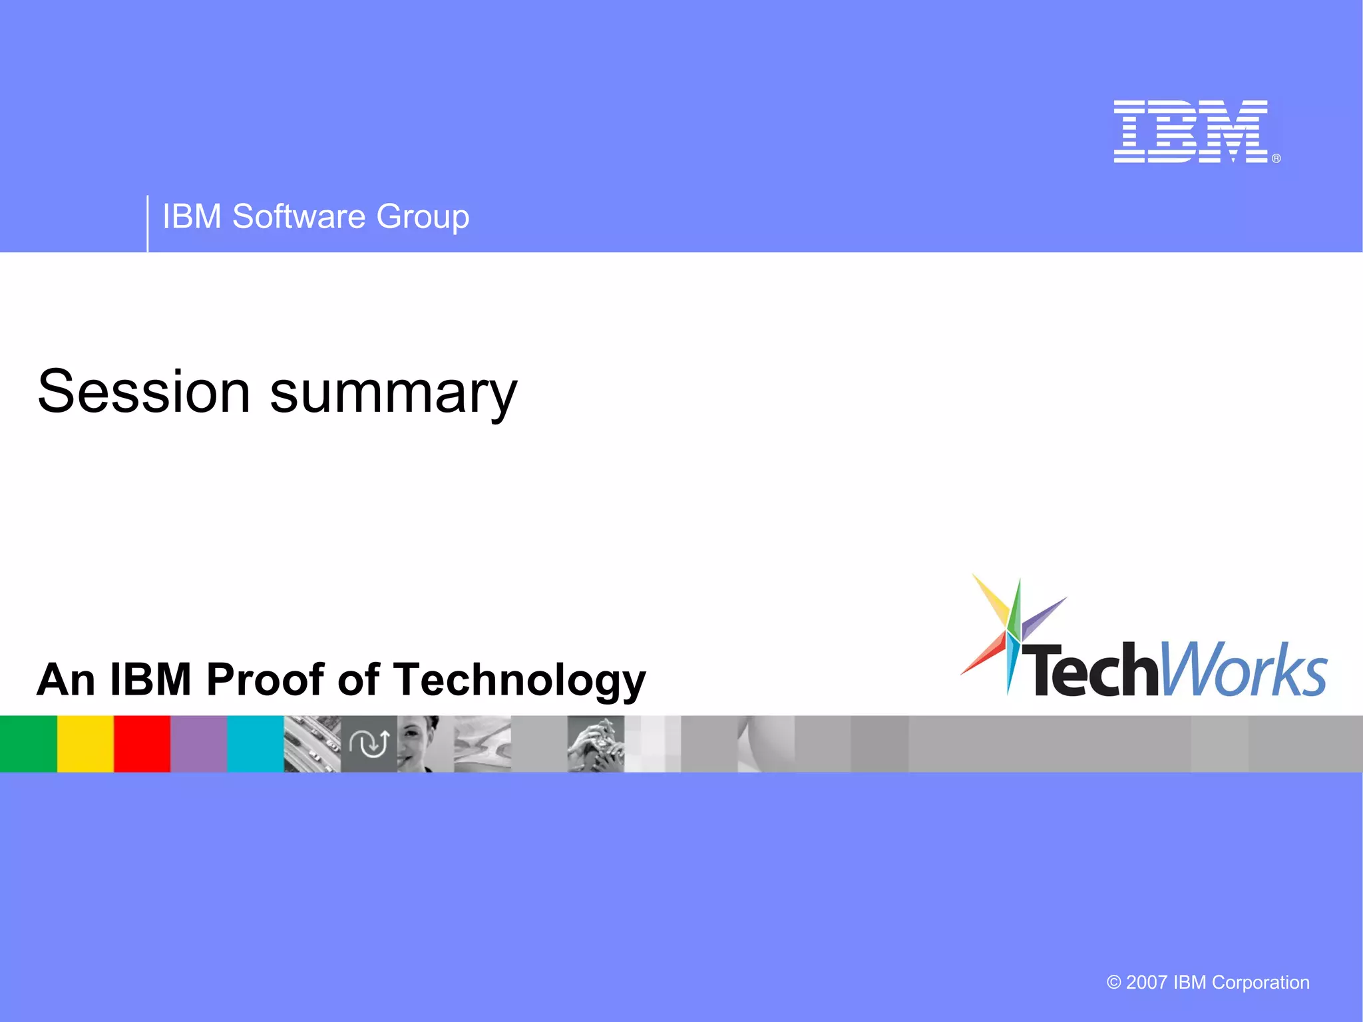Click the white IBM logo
pos(1191,132)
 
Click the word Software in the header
pos(298,216)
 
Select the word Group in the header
pos(423,218)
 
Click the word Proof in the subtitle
pos(266,679)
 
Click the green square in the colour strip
pos(28,743)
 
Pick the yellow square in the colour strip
pos(85,743)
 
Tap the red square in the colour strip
pos(142,743)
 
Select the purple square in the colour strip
pos(198,743)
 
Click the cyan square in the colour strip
pos(255,743)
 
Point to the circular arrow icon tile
pos(369,743)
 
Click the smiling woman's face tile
pos(425,743)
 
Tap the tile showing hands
pos(596,743)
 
